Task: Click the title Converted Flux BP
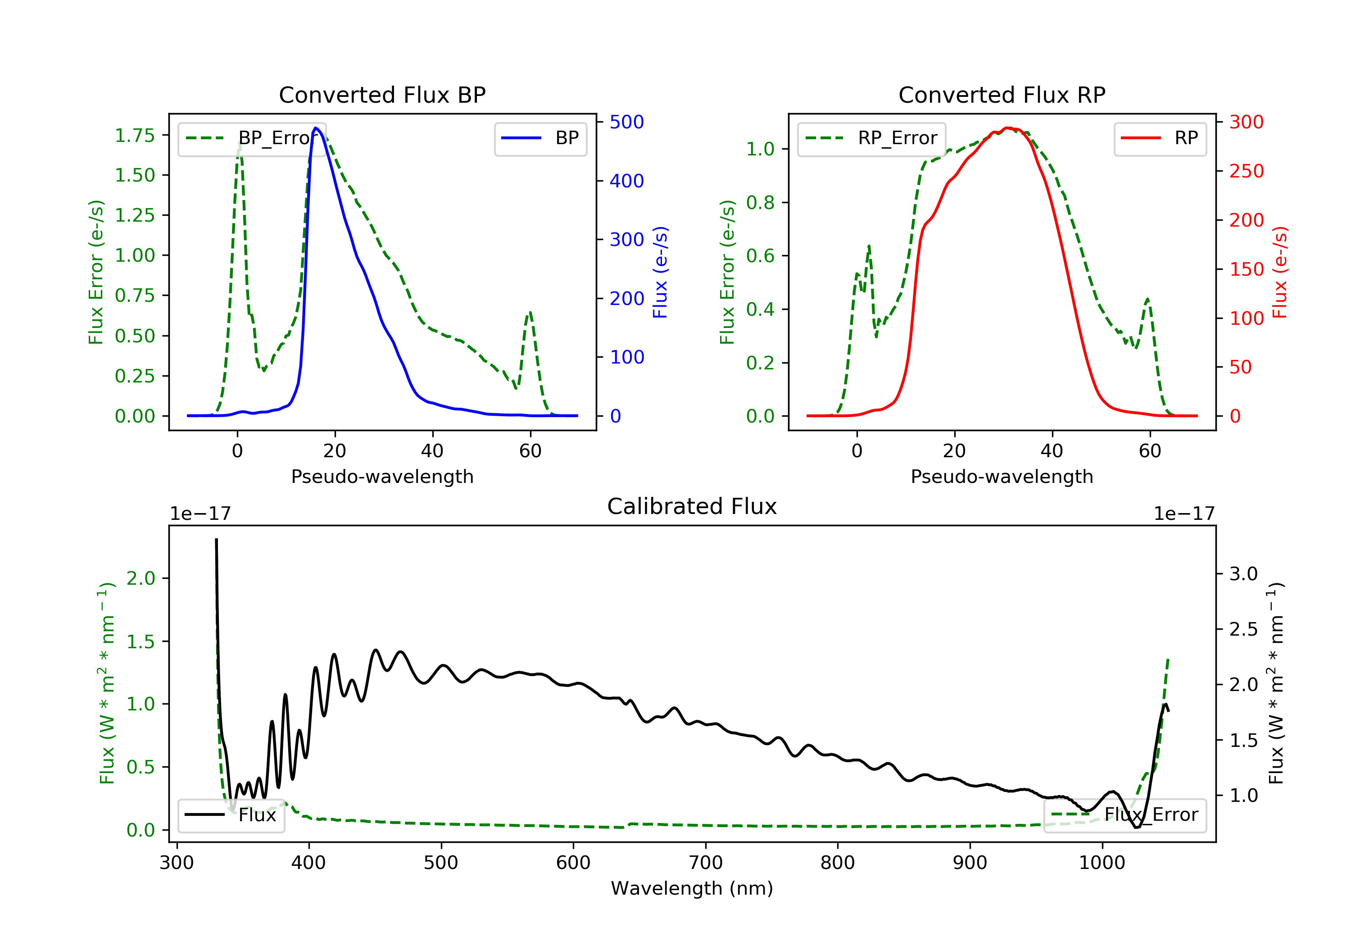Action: (x=382, y=95)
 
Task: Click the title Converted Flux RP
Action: (x=1002, y=95)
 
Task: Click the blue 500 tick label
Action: (x=627, y=122)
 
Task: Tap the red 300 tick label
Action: (x=1246, y=122)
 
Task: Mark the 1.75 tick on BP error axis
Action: (x=135, y=136)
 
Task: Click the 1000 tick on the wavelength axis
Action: (x=1102, y=863)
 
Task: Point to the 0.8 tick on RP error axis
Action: (x=760, y=203)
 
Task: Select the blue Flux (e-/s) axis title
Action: (x=660, y=272)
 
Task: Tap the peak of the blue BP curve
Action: (x=316, y=128)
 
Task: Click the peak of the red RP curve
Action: (x=1007, y=128)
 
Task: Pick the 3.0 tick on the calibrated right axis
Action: (x=1243, y=574)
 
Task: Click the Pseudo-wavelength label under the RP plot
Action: (x=1002, y=476)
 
